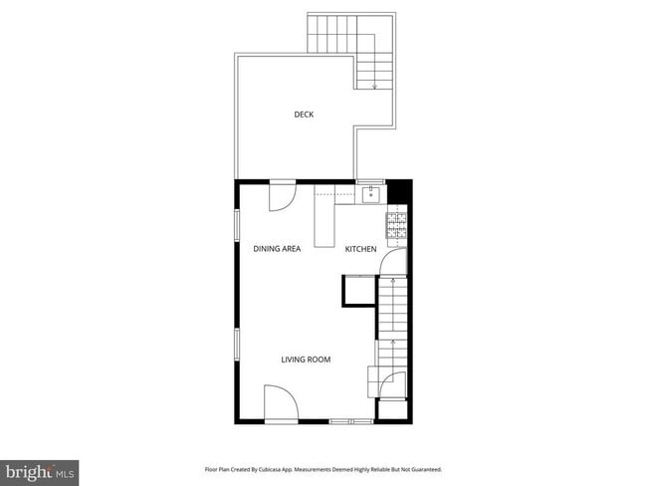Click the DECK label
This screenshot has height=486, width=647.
[304, 115]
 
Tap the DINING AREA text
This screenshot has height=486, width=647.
[277, 249]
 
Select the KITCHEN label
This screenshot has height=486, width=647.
[360, 249]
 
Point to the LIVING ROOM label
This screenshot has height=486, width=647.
[306, 360]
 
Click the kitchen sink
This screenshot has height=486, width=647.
[369, 193]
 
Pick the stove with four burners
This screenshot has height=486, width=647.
[396, 226]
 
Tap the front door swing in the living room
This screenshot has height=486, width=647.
[281, 403]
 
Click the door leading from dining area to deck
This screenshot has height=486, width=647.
[282, 195]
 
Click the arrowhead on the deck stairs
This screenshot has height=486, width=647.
[375, 88]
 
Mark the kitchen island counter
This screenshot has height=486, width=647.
[323, 221]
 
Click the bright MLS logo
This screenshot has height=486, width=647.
[40, 470]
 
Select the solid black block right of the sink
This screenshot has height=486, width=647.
[398, 189]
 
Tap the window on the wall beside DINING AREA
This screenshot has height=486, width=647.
[236, 223]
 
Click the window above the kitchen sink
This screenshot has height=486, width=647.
[370, 181]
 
